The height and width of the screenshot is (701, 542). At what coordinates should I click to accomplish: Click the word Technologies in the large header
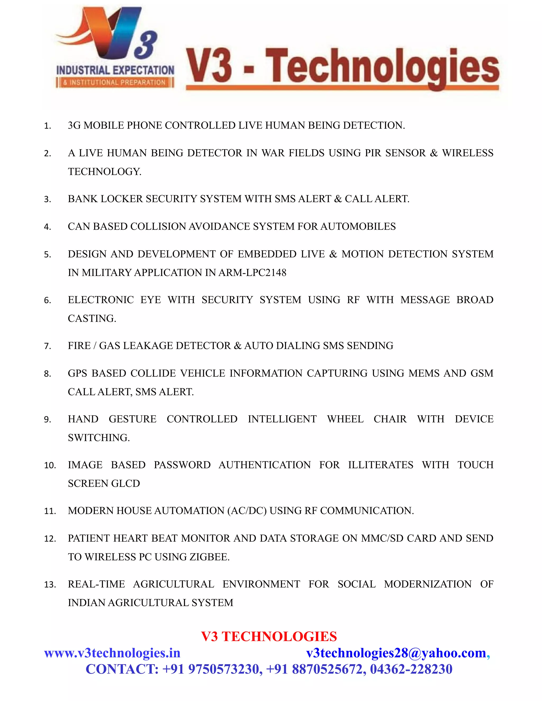pos(382,68)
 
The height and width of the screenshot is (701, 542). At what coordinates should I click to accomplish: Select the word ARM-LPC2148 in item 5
pos(252,272)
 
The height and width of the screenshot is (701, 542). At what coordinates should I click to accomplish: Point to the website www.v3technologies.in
pos(112,653)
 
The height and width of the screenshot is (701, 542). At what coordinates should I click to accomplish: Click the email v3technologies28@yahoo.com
pos(396,653)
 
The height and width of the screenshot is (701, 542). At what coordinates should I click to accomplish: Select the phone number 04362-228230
pos(411,669)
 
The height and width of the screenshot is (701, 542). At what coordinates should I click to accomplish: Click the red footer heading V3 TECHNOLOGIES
pos(269,636)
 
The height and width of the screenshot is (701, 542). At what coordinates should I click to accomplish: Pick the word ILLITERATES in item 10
pos(381,465)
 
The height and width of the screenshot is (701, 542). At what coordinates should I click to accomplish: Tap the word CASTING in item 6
pos(92,318)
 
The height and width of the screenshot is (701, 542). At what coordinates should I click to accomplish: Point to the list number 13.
pos(50,585)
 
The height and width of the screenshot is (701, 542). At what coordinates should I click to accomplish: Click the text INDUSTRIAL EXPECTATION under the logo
pos(115,70)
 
